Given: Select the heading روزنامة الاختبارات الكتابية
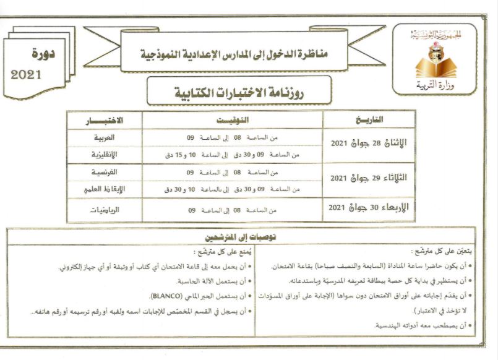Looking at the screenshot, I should pyautogui.click(x=239, y=92).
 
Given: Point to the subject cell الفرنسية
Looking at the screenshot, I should pyautogui.click(x=104, y=173).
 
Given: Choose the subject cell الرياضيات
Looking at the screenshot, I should pyautogui.click(x=104, y=210).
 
